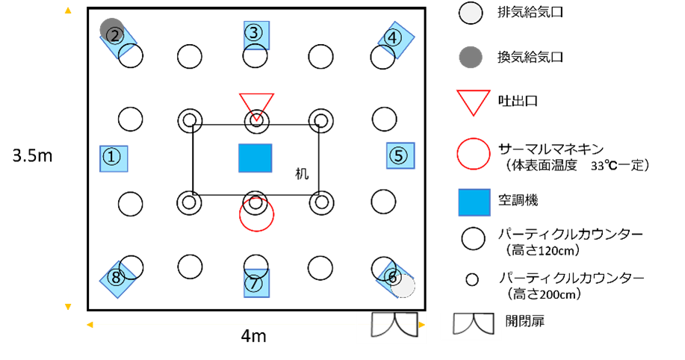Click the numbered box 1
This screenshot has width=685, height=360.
click(x=114, y=158)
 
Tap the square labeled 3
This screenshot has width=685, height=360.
click(x=256, y=35)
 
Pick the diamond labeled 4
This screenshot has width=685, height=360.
click(x=396, y=40)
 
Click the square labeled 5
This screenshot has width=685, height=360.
click(x=400, y=156)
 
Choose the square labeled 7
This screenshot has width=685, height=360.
click(x=256, y=283)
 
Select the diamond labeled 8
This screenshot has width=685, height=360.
click(x=118, y=279)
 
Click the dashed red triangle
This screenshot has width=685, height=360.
click(x=256, y=105)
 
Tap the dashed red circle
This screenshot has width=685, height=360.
click(x=256, y=214)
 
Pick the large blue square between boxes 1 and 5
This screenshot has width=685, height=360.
click(x=255, y=158)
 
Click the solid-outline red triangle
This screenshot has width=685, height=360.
click(x=474, y=101)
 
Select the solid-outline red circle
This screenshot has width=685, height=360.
click(x=474, y=154)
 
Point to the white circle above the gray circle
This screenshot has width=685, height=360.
click(x=471, y=13)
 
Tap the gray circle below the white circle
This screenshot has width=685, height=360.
click(x=471, y=57)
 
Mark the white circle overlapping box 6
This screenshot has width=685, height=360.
click(x=404, y=287)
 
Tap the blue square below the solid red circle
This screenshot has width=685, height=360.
click(x=474, y=202)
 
